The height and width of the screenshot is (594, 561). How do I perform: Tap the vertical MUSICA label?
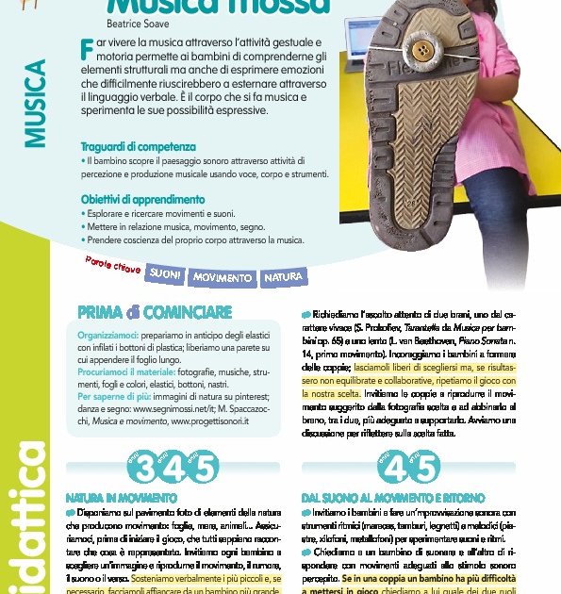pyautogui.click(x=36, y=103)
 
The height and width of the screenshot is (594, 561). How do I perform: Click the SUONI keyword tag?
pyautogui.click(x=166, y=274)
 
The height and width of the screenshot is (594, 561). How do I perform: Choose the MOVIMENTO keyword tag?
pyautogui.click(x=223, y=278)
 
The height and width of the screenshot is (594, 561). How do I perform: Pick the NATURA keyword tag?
pyautogui.click(x=283, y=277)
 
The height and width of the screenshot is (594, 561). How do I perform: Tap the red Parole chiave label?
pyautogui.click(x=113, y=266)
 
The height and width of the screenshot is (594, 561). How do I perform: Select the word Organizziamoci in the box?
pyautogui.click(x=107, y=334)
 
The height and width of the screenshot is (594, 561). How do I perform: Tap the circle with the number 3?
pyautogui.click(x=145, y=467)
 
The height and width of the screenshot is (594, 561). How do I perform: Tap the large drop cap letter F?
pyautogui.click(x=88, y=47)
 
